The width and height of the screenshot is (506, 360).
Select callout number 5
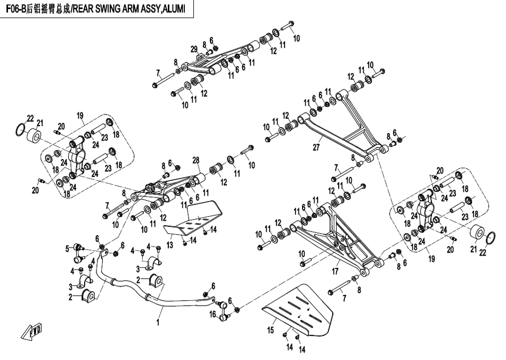67,248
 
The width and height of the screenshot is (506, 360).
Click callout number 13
170,245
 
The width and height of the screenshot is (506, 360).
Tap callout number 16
213,315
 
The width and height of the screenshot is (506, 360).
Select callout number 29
194,50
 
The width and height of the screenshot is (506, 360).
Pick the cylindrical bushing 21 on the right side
477,232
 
